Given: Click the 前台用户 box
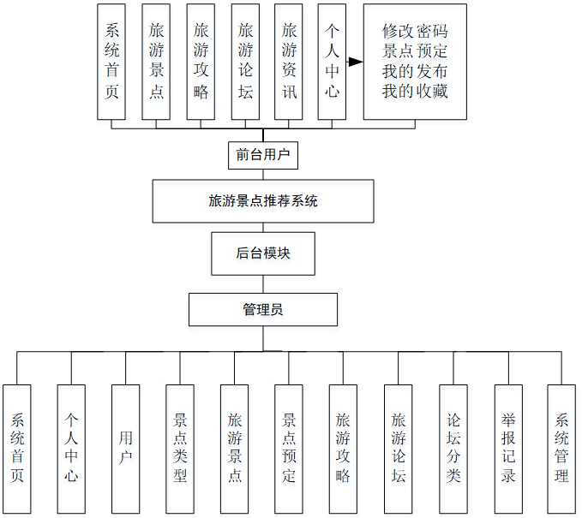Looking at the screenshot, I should tap(263, 155).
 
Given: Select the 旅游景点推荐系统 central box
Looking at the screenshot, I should tap(263, 201).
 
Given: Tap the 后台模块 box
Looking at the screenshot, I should tap(263, 253).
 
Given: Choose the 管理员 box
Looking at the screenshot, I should tap(263, 309).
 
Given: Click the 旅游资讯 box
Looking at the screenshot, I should tap(290, 62).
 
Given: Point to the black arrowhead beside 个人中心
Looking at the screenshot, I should tap(355, 62).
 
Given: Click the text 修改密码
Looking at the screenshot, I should tap(415, 32).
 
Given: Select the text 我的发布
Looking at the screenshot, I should tap(415, 71).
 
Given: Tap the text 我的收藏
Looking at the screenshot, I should tap(415, 91).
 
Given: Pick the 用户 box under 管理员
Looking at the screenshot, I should tap(125, 448).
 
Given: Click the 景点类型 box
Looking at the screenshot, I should tap(180, 448).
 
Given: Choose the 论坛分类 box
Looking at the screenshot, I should tap(453, 448).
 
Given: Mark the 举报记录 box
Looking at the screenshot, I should tap(508, 448).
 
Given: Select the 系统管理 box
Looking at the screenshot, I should tap(561, 448).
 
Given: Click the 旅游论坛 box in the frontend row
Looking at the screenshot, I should tap(245, 62).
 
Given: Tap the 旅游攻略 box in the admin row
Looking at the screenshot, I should tap(343, 448).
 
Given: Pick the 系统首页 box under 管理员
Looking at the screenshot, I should tap(17, 448).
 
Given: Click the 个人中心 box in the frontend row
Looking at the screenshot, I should tap(332, 62).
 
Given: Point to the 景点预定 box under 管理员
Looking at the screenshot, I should tap(289, 448).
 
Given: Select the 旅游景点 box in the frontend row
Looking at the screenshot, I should tap(157, 62).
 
